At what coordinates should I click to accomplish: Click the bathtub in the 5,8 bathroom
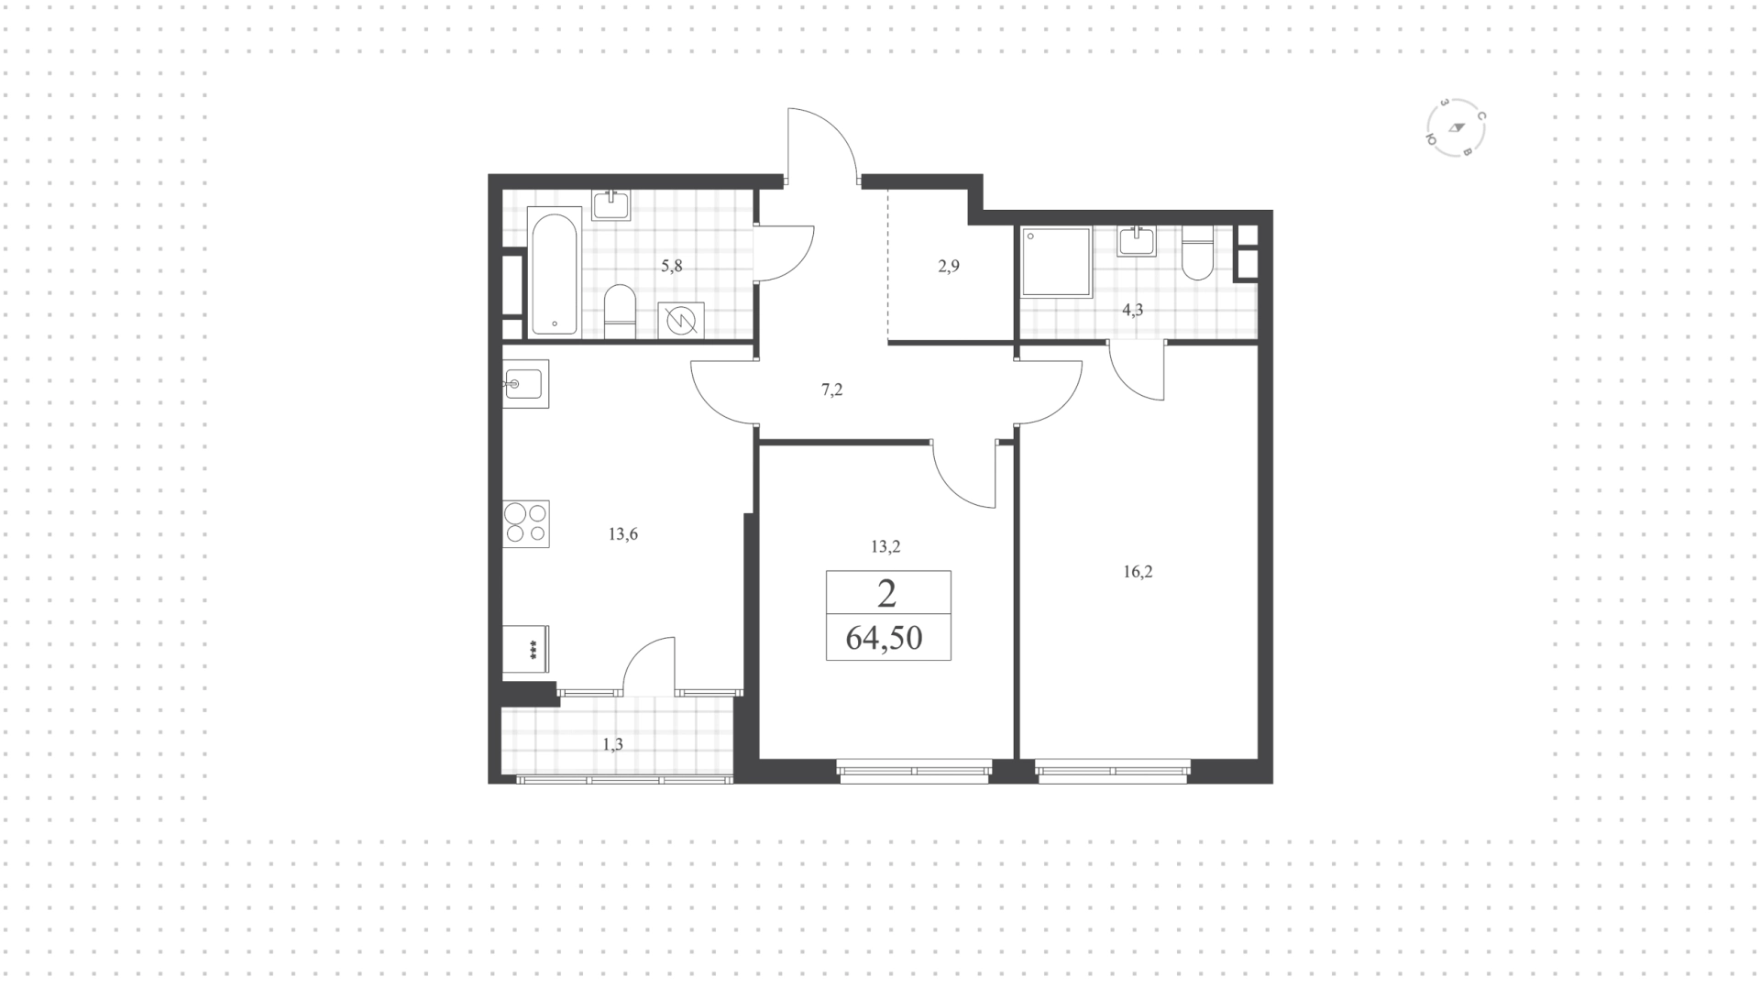[555, 270]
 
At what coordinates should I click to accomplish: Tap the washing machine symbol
[681, 320]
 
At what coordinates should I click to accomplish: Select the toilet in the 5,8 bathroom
[621, 312]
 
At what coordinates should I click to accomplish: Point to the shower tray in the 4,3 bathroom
[1056, 261]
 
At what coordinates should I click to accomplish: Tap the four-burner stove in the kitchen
[526, 524]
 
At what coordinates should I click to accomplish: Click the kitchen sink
[525, 383]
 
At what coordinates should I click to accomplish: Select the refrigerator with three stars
[525, 651]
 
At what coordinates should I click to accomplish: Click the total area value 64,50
[885, 637]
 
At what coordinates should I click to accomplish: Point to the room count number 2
[886, 594]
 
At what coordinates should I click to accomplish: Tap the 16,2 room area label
[1138, 572]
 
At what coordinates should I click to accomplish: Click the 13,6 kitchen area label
[623, 534]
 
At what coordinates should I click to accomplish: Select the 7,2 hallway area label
[831, 390]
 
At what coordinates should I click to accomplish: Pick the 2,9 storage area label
[949, 267]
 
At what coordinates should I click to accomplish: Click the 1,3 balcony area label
[613, 744]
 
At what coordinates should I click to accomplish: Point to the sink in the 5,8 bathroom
[610, 205]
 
